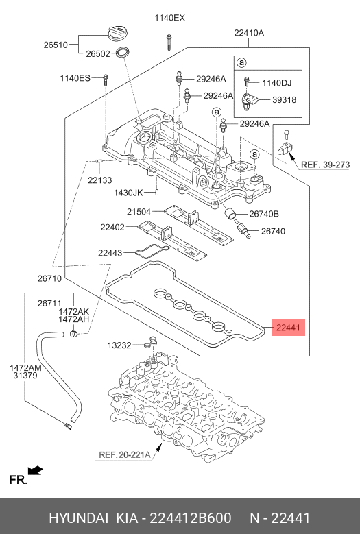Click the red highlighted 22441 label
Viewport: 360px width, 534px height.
point(288,328)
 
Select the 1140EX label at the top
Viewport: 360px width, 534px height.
point(169,18)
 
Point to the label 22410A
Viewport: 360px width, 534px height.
point(248,32)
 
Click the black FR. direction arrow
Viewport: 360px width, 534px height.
point(36,470)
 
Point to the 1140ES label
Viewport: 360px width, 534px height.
point(75,79)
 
